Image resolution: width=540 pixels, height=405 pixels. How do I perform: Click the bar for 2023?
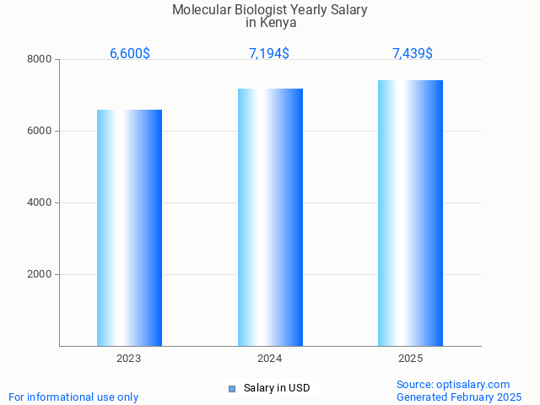pos(129,228)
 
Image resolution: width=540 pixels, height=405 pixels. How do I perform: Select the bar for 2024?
pos(270,217)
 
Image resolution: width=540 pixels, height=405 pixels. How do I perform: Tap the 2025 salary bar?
pos(410,213)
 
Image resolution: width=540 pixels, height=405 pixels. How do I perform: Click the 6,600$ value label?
pos(130,54)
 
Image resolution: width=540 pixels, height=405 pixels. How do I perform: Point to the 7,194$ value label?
pos(269,54)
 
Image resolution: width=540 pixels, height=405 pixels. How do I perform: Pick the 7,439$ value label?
pos(413,54)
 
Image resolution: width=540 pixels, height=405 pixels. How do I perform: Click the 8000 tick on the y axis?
pos(39,59)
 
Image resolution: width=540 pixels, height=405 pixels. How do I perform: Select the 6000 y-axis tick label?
pos(39,131)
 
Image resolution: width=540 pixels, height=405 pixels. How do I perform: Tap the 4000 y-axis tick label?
pos(39,202)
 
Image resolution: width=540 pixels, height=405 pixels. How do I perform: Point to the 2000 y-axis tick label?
pos(39,274)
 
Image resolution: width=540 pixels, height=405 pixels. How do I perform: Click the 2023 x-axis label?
pos(129,359)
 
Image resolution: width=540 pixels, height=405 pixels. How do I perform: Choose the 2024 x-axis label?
pos(270,359)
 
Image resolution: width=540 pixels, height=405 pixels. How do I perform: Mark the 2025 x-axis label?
pos(410,359)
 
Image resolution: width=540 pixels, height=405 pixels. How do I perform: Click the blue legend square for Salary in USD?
pos(232,389)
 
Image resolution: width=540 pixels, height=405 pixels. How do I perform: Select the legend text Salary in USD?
pos(277,388)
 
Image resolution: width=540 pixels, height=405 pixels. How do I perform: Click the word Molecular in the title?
pos(201,10)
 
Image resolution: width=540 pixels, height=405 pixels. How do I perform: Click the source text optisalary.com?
pos(473,385)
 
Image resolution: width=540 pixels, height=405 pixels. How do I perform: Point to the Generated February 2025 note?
pos(459,397)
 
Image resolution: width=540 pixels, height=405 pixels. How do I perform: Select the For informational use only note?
pos(73,397)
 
